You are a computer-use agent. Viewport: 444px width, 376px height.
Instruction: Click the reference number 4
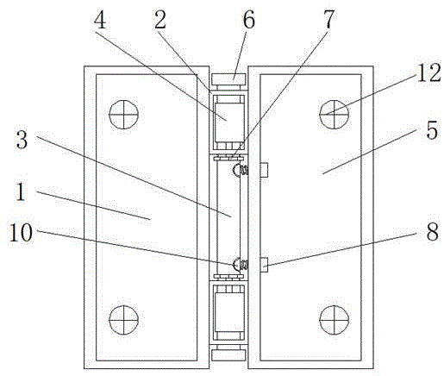100,20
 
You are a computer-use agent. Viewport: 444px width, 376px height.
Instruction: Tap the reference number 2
160,20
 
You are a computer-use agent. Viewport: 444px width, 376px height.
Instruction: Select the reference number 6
248,20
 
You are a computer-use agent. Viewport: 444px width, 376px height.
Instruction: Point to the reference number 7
329,20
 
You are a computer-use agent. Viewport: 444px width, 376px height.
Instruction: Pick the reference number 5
432,131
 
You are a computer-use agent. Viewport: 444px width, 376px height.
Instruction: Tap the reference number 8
433,231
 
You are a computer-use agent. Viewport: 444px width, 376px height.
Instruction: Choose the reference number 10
21,232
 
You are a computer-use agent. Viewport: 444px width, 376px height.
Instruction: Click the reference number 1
21,192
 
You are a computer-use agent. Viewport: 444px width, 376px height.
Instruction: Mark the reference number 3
22,139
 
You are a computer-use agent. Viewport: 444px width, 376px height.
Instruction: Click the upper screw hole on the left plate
123,115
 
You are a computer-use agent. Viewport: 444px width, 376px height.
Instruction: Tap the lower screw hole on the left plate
123,320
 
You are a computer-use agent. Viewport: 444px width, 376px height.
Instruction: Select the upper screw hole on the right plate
334,115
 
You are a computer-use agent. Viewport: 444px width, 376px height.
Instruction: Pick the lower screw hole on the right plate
334,320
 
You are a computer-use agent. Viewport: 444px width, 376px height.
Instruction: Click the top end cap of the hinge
228,79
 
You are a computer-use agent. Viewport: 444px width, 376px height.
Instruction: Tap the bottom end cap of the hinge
228,354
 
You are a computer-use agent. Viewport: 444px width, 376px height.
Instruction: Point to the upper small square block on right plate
264,170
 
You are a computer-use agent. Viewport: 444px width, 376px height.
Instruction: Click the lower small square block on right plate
264,265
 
